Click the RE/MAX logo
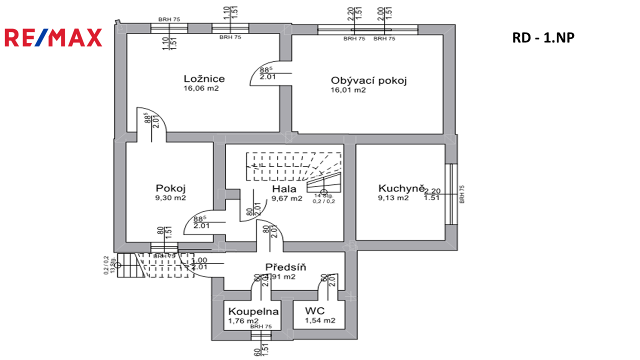[x=53, y=37]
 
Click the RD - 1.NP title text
[x=543, y=37]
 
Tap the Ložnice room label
[x=204, y=78]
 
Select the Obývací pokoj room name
[x=368, y=80]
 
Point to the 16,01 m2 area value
[x=348, y=90]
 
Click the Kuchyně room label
[x=401, y=188]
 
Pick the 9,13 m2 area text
[x=393, y=198]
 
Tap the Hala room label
[x=284, y=189]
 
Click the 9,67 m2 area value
[x=287, y=198]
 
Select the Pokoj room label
[x=171, y=188]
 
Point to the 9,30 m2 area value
[x=171, y=198]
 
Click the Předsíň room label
[x=286, y=267]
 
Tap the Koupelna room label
[x=253, y=311]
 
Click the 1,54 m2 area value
[x=320, y=321]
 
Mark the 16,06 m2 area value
[x=201, y=89]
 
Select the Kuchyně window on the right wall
[x=451, y=193]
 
